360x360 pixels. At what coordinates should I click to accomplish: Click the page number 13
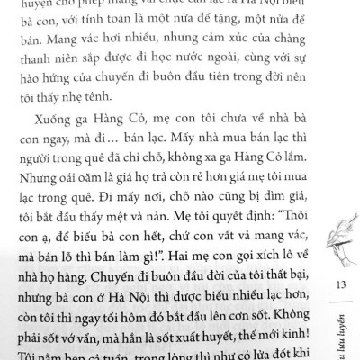tap(340, 285)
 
